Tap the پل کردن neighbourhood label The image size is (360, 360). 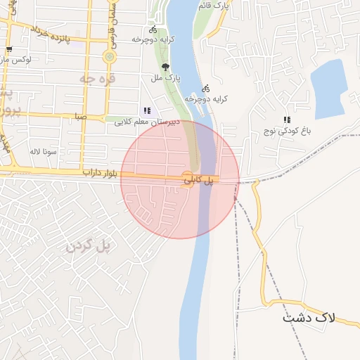pyautogui.click(x=89, y=245)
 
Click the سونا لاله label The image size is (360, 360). pyautogui.click(x=43, y=151)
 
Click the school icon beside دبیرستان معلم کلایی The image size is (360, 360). pyautogui.click(x=146, y=110)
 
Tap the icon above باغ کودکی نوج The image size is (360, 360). pyautogui.click(x=286, y=120)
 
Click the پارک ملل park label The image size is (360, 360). pyautogui.click(x=167, y=78)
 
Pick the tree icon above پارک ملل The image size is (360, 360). pyautogui.click(x=165, y=67)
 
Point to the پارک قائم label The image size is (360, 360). pyautogui.click(x=214, y=6)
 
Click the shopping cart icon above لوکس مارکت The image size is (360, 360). pyautogui.click(x=8, y=49)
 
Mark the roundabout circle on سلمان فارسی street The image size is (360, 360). pyautogui.click(x=109, y=57)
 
